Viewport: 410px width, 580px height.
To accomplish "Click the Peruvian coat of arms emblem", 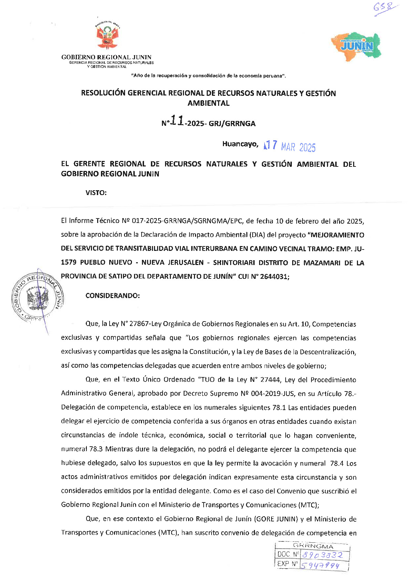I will [x=107, y=35].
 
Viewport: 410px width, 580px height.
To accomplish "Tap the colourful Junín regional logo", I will [x=356, y=46].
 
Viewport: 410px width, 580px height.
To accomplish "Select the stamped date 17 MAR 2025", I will [x=289, y=146].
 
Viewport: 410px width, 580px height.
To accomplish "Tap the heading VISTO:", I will [x=96, y=193].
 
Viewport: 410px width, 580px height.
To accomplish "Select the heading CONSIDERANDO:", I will [x=113, y=296].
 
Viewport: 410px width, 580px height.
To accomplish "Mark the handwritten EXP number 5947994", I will [x=320, y=566].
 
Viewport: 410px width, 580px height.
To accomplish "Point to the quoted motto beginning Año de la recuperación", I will [x=208, y=76].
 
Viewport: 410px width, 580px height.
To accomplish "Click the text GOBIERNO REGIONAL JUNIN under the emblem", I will [x=106, y=57].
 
